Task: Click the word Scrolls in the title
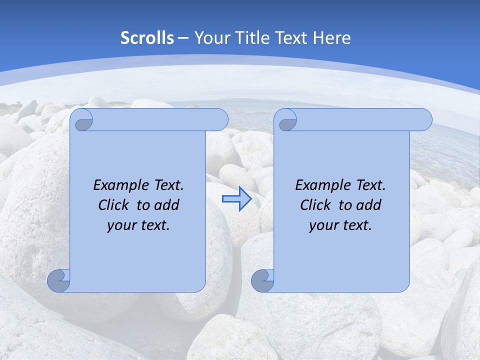[147, 38]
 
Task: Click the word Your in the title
[211, 38]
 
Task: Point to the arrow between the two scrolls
[236, 198]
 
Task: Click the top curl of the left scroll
[83, 120]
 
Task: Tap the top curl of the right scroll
[287, 120]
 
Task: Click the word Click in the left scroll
[114, 205]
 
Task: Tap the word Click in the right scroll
[316, 205]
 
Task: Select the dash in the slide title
[183, 38]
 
